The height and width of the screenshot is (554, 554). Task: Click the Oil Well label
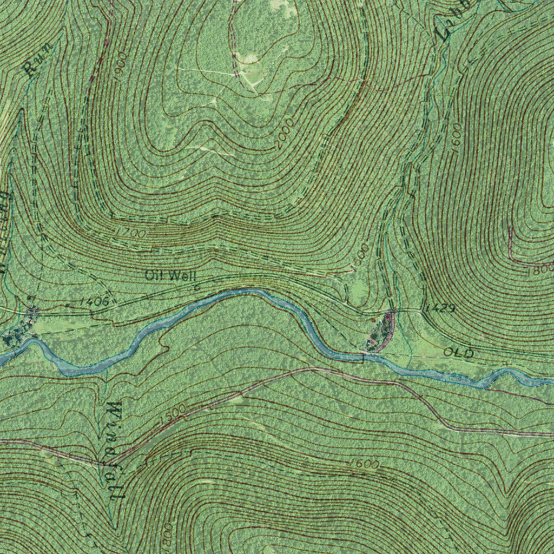click(167, 275)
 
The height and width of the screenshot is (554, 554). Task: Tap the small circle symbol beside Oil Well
click(196, 287)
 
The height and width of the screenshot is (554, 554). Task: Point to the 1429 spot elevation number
click(439, 308)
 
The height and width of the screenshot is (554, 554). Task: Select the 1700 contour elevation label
click(130, 234)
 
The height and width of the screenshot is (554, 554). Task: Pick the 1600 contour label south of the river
click(364, 464)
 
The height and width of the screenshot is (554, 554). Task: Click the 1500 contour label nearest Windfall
click(173, 414)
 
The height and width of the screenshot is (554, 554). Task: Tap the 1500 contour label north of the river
click(359, 256)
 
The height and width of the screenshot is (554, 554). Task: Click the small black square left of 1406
click(67, 305)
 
